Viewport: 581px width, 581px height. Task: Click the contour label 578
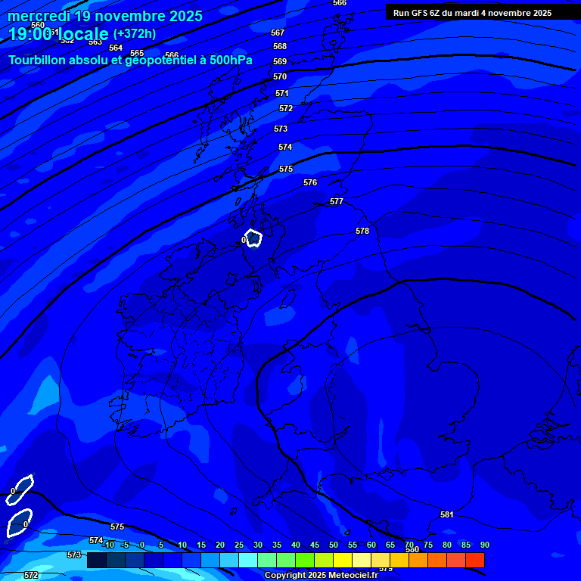coord(362,231)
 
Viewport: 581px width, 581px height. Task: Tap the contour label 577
coord(337,202)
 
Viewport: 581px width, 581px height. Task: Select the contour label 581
coord(447,515)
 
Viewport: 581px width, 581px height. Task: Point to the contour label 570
coord(280,77)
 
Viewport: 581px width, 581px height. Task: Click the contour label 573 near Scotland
coord(281,129)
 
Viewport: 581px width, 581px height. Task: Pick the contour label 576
coord(310,183)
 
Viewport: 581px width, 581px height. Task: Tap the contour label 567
coord(278,33)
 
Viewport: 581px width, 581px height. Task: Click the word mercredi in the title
coord(39,16)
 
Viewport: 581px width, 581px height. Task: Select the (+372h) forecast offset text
coord(135,34)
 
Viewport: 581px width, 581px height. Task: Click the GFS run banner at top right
coord(472,13)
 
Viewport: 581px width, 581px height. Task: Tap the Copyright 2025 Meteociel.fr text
coord(321,576)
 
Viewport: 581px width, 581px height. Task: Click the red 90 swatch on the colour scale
coord(475,561)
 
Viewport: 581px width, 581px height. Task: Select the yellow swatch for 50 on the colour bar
coord(343,561)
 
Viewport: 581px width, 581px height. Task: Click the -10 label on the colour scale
coord(108,545)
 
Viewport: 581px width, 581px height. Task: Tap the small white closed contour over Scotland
coord(253,238)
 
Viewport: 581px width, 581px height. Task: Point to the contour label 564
coord(116,48)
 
